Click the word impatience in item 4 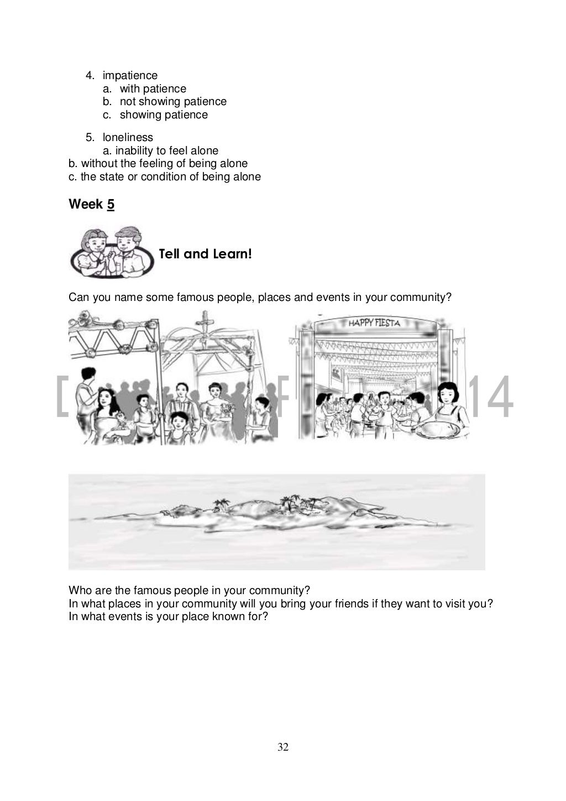point(130,75)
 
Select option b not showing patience point(172,101)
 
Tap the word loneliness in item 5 point(128,137)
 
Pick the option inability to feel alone point(166,150)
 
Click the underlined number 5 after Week point(111,204)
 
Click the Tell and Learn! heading point(205,254)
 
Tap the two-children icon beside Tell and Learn point(112,252)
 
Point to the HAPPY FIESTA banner point(374,323)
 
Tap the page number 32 point(283,747)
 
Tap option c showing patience point(164,115)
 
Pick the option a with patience point(153,89)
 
